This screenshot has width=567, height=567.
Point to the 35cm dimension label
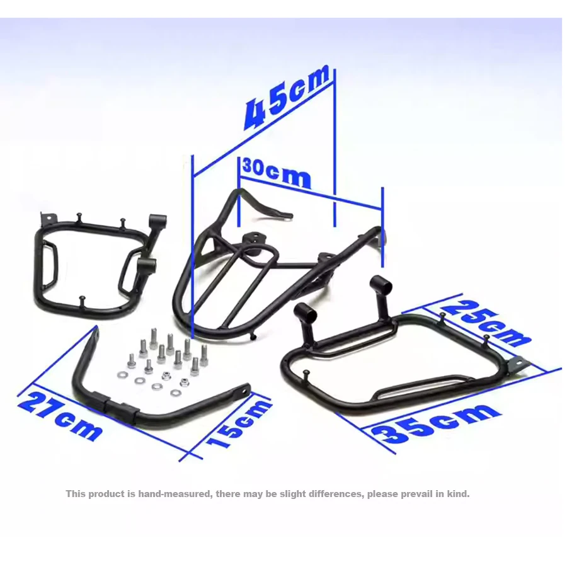pos(435,425)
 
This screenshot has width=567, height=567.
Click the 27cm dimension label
pos(60,416)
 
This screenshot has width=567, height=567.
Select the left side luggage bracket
pos(94,265)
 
